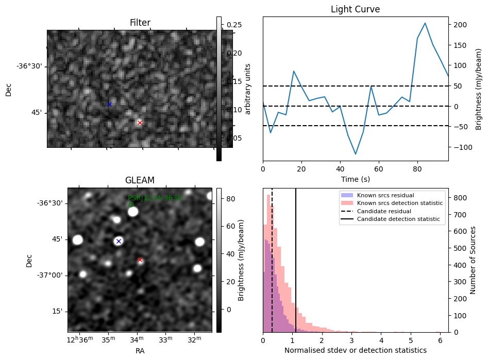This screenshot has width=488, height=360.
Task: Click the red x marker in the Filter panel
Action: [x=140, y=123]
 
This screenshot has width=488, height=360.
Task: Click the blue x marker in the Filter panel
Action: [x=109, y=104]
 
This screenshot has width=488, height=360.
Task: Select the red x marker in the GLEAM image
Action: [x=140, y=260]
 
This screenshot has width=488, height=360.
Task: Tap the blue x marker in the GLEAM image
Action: [x=119, y=241]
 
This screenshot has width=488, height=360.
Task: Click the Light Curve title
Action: [x=356, y=10]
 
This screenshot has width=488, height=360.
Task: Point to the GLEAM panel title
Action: [x=140, y=180]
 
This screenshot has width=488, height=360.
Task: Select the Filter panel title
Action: [x=140, y=23]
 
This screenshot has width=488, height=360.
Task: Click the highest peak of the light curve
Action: [x=425, y=23]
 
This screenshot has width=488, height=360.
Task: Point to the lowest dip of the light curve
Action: [x=356, y=154]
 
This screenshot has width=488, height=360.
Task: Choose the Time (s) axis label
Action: [x=356, y=179]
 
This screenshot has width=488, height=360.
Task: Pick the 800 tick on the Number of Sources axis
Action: [x=460, y=197]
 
